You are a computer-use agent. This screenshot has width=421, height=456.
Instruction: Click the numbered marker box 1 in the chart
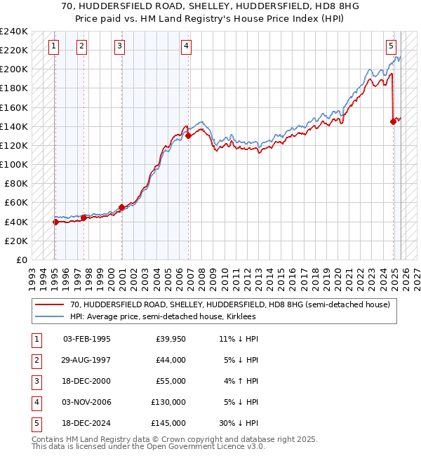point(55,47)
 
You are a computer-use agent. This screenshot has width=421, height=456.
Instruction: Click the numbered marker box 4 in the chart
point(186,47)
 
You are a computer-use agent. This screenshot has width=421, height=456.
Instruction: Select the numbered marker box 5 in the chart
point(390,47)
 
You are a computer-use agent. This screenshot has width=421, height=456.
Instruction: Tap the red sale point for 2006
point(189,136)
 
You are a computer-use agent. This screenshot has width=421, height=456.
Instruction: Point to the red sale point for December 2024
point(393,121)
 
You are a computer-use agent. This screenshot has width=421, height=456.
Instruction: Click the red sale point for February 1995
point(55,222)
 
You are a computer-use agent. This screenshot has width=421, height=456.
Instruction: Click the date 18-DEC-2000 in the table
point(86,381)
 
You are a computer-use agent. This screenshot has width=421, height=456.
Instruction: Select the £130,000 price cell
point(168,402)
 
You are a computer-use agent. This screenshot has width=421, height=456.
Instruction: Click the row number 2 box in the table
point(36,360)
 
